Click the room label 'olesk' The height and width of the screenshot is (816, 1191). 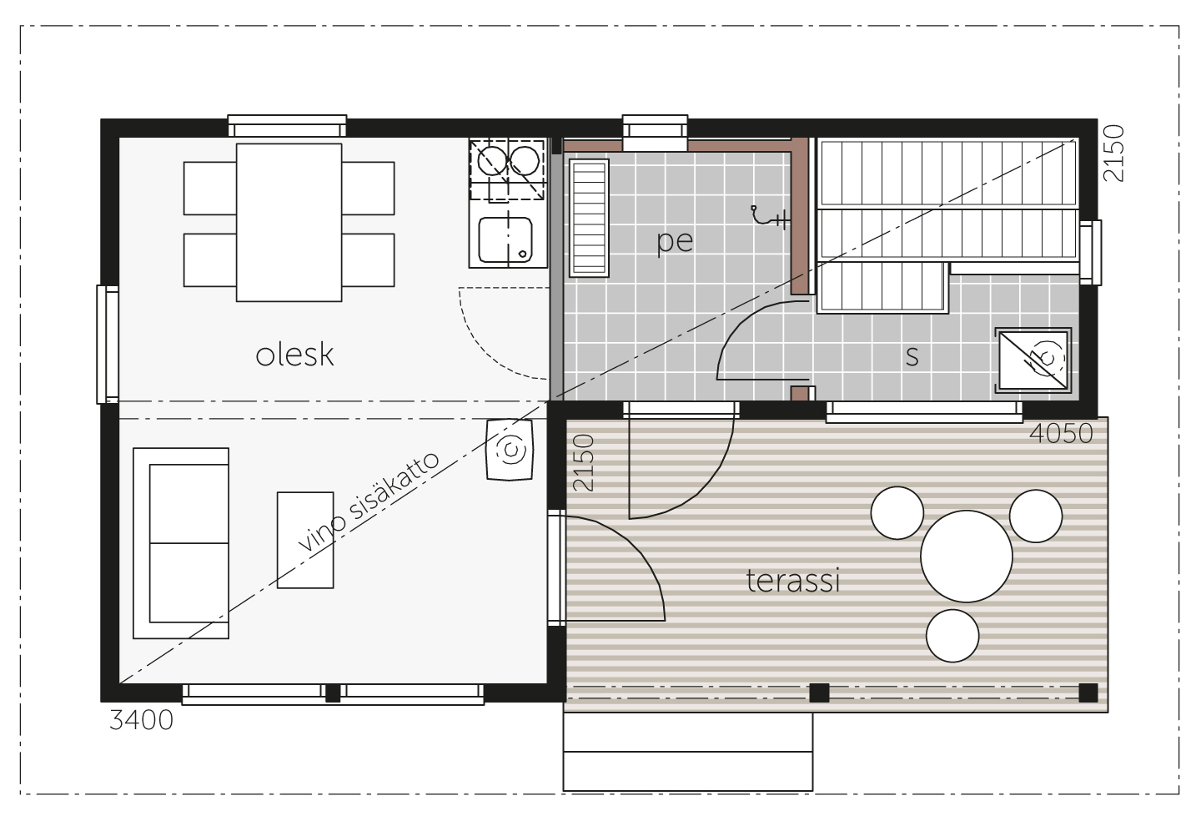294,355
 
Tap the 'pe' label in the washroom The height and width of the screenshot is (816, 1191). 675,242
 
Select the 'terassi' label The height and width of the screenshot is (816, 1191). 793,581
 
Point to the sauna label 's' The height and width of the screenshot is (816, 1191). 912,356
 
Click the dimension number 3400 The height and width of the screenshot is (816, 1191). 142,721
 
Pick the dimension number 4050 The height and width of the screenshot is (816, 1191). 1061,434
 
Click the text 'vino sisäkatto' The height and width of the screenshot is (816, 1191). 369,501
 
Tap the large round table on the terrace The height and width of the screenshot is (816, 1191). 966,557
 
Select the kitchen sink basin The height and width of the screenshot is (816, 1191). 505,240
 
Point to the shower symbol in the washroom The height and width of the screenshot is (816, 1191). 769,216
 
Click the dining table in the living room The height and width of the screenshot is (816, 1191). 289,222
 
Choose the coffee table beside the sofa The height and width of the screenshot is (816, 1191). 305,540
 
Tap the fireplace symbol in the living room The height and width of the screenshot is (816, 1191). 510,450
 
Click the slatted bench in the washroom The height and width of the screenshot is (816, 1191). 589,218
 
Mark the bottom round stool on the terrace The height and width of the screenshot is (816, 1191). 952,636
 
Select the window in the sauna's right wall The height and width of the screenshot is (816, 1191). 1090,253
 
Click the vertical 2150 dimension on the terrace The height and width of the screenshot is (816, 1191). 583,462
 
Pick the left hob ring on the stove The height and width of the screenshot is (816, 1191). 492,160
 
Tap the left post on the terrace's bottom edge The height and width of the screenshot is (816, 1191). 819,693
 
